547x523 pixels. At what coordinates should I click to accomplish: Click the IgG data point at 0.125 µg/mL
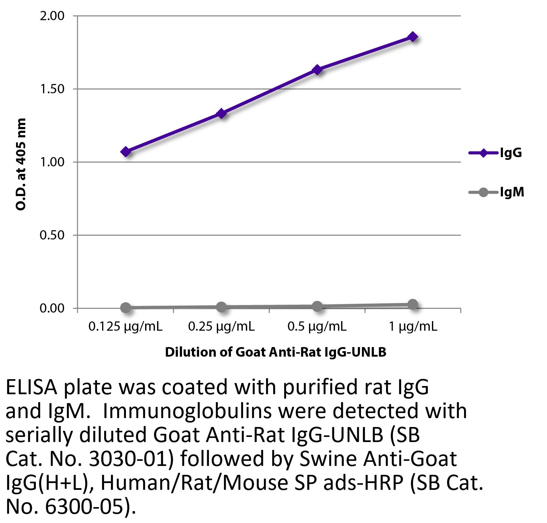pos(126,152)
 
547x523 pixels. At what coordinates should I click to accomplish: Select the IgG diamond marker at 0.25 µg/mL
pos(222,113)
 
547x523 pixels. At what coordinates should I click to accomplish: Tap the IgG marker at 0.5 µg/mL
pos(317,70)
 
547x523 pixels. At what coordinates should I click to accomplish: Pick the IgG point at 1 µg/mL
pos(413,37)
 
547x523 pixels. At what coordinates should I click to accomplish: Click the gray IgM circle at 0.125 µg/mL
pos(126,307)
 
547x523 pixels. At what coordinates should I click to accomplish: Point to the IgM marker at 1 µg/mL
pos(413,304)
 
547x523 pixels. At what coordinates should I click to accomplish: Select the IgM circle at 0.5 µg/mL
pos(317,306)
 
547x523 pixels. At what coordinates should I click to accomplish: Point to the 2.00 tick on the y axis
pos(52,16)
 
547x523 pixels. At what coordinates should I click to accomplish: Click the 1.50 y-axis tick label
pos(52,89)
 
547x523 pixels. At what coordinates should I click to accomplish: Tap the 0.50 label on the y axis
pos(52,235)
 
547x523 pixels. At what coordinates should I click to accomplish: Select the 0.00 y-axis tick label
pos(52,308)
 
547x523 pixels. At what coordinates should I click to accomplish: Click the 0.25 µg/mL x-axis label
pos(221,327)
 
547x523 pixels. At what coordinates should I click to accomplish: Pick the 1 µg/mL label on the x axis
pos(413,327)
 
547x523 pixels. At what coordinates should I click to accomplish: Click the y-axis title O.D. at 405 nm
pos(21,164)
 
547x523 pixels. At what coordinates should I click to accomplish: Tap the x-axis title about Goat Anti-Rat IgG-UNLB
pos(276,352)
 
